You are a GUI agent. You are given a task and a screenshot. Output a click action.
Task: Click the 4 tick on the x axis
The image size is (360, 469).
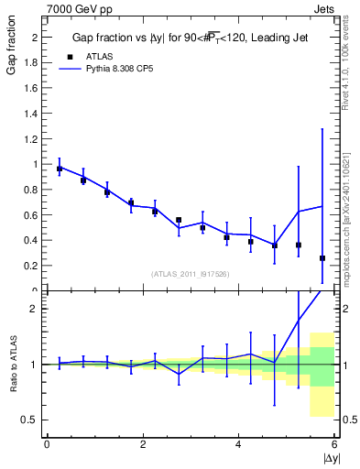(x=238, y=444)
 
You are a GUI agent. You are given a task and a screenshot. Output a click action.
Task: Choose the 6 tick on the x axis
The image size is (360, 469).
(x=334, y=444)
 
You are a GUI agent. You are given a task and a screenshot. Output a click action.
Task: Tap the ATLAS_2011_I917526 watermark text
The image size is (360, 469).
(x=190, y=274)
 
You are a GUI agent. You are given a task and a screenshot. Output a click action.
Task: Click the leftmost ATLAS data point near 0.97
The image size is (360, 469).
(x=60, y=169)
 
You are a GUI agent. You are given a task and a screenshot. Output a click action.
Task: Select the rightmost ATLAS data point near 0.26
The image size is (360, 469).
(x=322, y=258)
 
